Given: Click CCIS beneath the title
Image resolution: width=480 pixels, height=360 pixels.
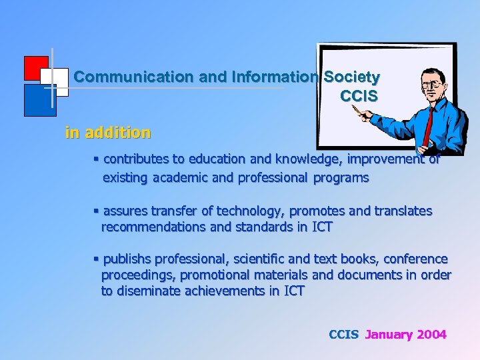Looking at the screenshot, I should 359,96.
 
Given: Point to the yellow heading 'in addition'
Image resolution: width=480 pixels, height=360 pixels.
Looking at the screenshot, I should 107,133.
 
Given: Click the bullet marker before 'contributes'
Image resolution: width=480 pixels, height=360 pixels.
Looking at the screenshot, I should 97,159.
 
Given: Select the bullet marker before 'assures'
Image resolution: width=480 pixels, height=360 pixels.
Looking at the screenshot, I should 97,211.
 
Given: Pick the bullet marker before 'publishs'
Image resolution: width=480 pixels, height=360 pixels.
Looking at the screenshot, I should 97,259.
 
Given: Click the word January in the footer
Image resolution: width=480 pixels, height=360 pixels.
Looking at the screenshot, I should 389,335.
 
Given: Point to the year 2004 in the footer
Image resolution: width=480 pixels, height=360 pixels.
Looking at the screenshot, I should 431,335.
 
